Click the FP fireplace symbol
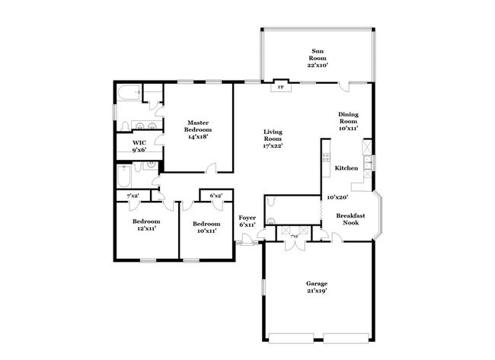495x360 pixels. point(280,86)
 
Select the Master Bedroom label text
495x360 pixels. point(199,129)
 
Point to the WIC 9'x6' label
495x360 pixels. point(139,145)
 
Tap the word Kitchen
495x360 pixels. point(346,168)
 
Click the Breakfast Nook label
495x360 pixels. point(351,220)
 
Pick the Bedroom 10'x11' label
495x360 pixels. point(206,227)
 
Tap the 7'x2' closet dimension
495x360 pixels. point(133,196)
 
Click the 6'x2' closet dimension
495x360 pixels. point(216,196)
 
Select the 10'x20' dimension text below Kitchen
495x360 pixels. point(337,196)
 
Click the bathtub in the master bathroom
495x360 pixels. point(128,94)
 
